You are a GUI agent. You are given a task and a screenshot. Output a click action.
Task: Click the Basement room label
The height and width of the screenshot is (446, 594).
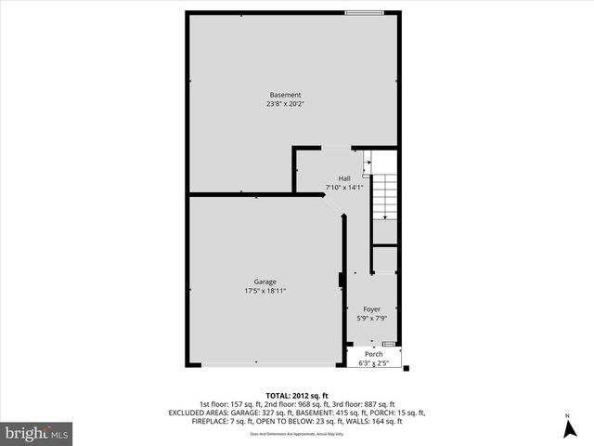point(285,95)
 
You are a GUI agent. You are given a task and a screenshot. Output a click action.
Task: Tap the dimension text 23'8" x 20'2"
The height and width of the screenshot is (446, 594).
point(285,104)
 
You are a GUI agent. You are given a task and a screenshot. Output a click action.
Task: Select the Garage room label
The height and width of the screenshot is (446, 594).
point(265,282)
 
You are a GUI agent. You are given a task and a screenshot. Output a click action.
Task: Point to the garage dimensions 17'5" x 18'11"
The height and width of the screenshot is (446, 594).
point(265,291)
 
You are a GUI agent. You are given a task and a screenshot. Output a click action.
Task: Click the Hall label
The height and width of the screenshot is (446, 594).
point(344,178)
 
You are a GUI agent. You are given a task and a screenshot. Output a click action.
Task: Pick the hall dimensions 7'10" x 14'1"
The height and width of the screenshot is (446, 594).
point(344,188)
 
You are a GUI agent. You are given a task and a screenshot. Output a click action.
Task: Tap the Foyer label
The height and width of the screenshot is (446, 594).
point(371,309)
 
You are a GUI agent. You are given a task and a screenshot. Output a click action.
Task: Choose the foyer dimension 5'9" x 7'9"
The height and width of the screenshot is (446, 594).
point(371,319)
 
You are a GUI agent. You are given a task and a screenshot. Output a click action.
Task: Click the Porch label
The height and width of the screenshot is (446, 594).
point(374,354)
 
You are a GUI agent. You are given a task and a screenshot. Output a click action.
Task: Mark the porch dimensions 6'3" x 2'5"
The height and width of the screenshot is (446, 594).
point(374,363)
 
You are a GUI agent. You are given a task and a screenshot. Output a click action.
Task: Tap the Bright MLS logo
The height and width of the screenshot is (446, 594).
point(37,433)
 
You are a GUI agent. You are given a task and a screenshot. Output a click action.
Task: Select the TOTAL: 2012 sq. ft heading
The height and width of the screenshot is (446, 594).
point(297,394)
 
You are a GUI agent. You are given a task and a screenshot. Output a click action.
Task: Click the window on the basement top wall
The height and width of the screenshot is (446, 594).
point(361,12)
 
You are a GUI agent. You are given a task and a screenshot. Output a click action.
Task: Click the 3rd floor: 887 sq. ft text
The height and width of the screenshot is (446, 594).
point(362,403)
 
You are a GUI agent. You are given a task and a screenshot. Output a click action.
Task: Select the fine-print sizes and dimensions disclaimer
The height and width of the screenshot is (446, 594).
point(297,434)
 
